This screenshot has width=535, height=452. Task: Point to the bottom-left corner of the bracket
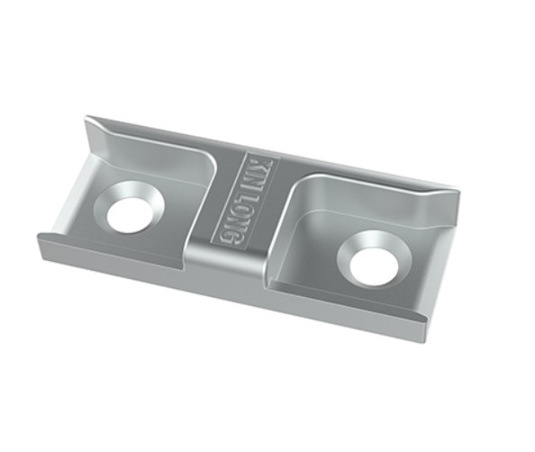pyautogui.click(x=39, y=235)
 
